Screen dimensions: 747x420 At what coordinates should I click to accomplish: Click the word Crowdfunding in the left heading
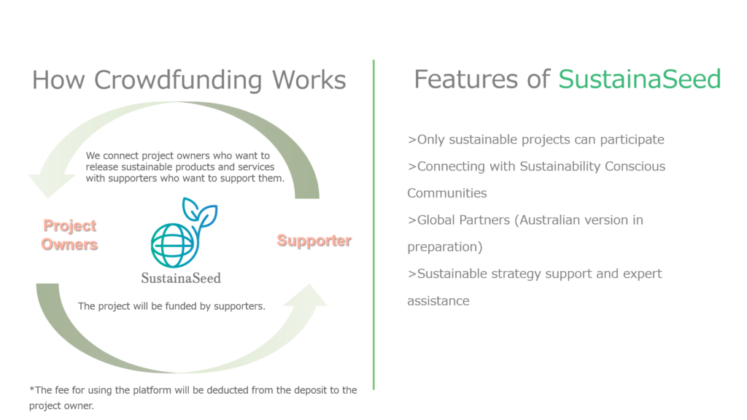(x=178, y=80)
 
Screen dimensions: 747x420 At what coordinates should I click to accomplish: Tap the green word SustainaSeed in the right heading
(x=639, y=79)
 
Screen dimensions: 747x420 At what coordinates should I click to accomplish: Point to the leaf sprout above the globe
(x=200, y=215)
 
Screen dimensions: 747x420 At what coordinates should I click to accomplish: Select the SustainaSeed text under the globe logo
(x=181, y=278)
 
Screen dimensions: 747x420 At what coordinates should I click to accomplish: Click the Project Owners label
(x=69, y=235)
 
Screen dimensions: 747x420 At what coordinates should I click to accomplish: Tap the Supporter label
(x=314, y=241)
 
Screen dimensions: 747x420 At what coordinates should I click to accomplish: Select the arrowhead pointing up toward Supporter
(x=309, y=295)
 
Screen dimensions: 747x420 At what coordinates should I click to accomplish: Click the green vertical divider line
(x=373, y=225)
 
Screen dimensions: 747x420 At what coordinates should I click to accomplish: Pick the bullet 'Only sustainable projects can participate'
(x=536, y=139)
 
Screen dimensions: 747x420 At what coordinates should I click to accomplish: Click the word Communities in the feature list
(x=447, y=192)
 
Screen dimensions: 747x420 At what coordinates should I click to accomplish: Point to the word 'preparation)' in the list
(x=445, y=247)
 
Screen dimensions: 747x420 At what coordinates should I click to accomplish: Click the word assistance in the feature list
(x=438, y=301)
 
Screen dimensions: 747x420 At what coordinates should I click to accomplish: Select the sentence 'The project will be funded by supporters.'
(x=171, y=306)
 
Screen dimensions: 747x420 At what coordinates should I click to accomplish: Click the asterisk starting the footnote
(x=31, y=389)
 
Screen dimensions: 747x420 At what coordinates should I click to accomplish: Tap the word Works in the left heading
(x=309, y=80)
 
